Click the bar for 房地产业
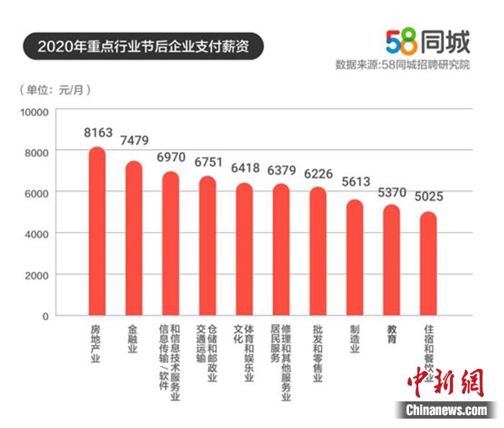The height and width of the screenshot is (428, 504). click(x=96, y=232)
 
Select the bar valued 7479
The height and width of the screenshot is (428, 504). click(x=134, y=238)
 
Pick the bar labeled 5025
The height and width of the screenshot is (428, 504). click(x=428, y=264)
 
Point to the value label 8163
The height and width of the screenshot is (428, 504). click(x=98, y=133)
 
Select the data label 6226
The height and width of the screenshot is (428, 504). click(x=318, y=174)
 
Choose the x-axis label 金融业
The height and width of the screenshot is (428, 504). click(x=132, y=338)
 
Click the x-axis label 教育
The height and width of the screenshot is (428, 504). click(x=391, y=334)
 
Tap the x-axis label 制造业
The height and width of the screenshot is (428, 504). click(x=354, y=338)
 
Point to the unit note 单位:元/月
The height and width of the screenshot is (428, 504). click(x=60, y=90)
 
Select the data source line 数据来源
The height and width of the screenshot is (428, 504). click(x=402, y=65)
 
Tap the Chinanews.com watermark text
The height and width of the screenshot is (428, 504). click(x=446, y=410)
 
